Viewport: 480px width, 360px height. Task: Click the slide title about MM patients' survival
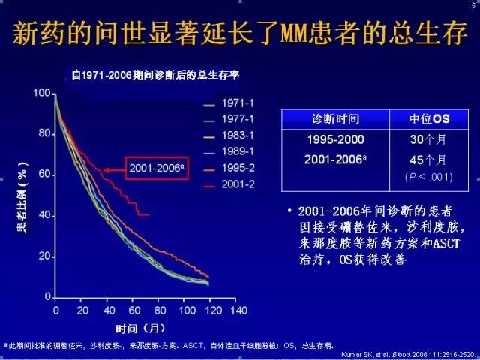point(239,34)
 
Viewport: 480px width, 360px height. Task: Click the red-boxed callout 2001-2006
point(156,169)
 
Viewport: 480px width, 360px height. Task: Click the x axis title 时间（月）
point(140,328)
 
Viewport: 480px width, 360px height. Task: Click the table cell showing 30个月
point(428,140)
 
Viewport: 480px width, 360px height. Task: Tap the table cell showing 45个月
point(428,160)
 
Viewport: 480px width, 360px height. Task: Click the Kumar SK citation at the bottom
point(409,353)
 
